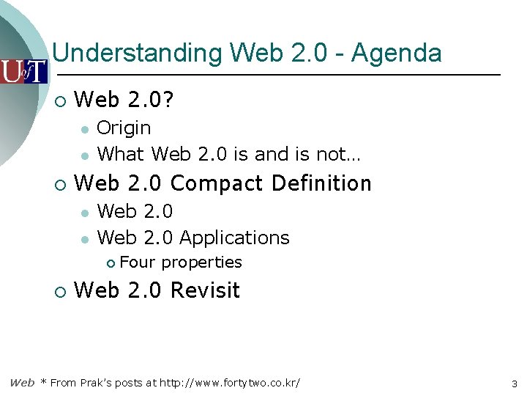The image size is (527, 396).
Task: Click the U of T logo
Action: point(23,71)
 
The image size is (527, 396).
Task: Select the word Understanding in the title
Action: point(138,54)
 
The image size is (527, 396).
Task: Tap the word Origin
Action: point(124,128)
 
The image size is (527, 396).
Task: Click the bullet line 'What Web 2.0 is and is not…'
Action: point(228,154)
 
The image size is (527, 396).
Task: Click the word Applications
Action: point(234,238)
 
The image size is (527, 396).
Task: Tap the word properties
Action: point(201,263)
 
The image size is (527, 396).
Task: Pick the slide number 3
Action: point(515,384)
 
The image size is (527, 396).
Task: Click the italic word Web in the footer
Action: point(22,383)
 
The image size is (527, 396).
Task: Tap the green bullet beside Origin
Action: point(85,129)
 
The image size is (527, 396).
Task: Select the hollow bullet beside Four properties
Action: point(110,263)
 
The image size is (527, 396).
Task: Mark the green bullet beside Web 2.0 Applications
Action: point(85,238)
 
